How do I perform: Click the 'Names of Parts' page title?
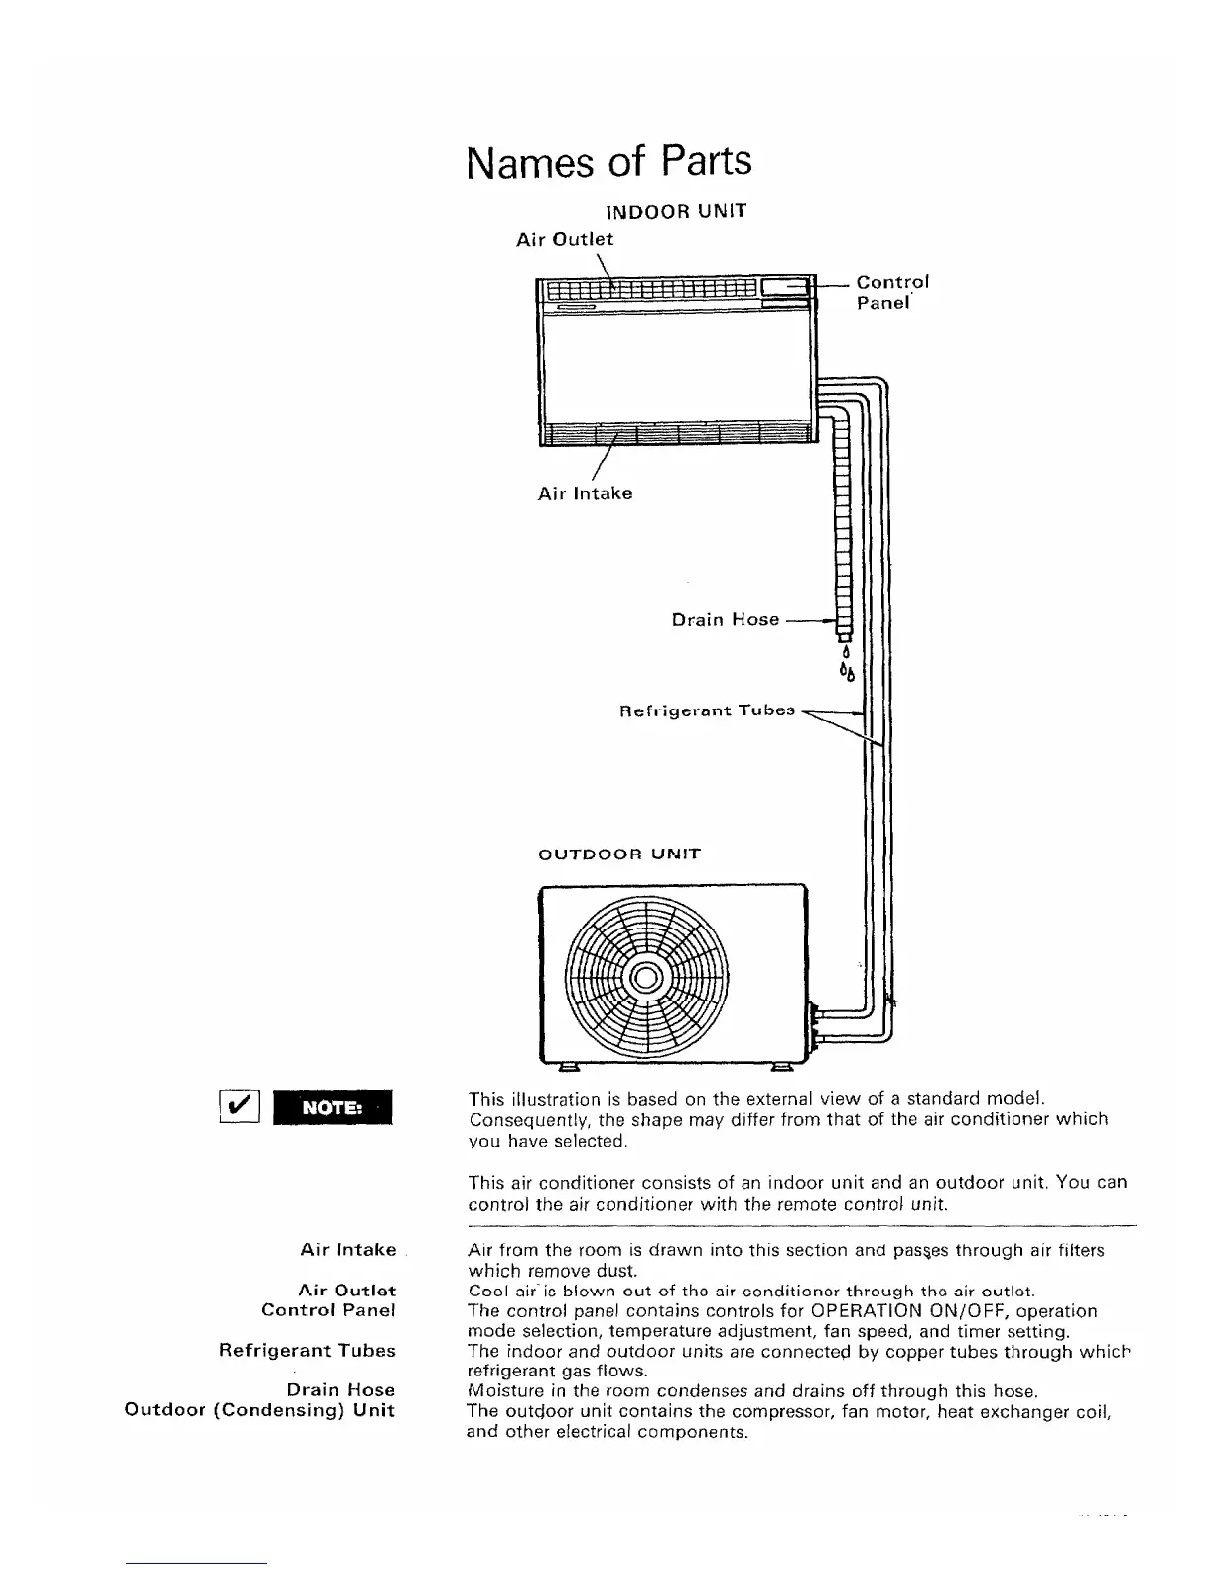point(608,162)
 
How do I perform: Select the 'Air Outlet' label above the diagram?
point(565,239)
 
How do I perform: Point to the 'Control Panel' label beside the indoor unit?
point(891,292)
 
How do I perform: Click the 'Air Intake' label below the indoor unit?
point(585,493)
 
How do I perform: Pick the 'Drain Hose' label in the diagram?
point(726,620)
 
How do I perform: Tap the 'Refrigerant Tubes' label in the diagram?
point(708,711)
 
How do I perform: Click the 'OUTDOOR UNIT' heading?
point(618,853)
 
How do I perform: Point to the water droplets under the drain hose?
point(846,666)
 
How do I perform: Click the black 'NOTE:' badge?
point(334,1108)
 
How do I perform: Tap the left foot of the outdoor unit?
point(569,1069)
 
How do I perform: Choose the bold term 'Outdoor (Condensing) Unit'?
point(260,1410)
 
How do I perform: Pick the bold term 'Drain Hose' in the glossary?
point(340,1389)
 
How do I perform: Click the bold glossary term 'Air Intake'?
point(347,1250)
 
